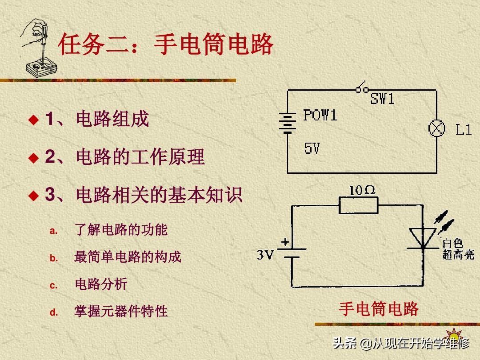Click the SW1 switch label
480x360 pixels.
coord(383,99)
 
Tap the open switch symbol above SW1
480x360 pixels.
coord(362,88)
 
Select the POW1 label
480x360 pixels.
coord(320,115)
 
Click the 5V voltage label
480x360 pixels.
coord(312,148)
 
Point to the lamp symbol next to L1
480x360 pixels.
coord(436,128)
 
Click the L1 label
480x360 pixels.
coord(464,130)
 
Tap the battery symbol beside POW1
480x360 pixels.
coord(288,123)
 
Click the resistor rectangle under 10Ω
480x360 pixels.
coord(358,205)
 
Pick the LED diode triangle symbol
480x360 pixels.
coord(422,238)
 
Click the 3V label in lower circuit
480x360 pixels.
coord(265,255)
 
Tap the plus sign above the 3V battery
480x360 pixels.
coord(285,242)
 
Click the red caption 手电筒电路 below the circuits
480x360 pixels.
coord(379,308)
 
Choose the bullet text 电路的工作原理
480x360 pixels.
coord(140,157)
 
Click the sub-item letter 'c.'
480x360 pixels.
coord(54,285)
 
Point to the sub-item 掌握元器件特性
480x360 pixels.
coord(121,311)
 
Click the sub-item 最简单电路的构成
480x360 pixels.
coord(128,257)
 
